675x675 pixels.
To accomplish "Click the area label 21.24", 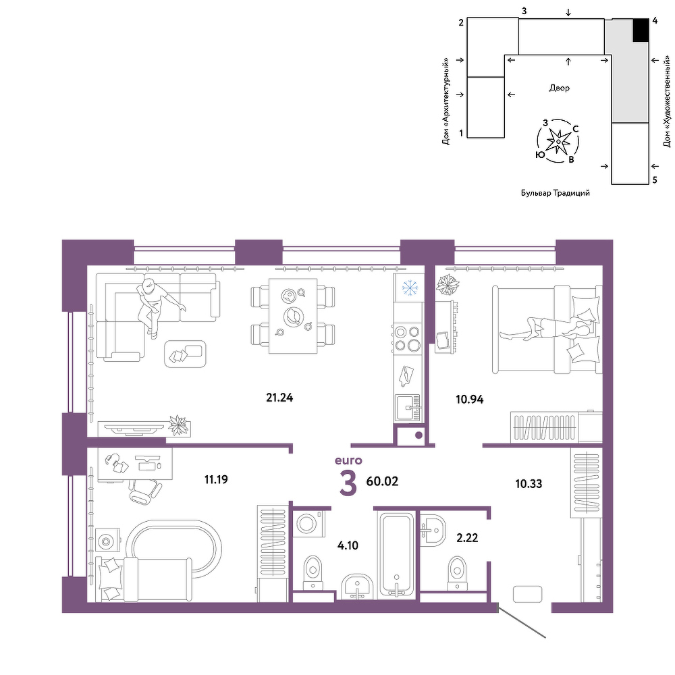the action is coord(279,398).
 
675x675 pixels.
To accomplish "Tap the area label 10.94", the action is coord(470,399).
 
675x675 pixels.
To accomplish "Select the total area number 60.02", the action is coord(382,481).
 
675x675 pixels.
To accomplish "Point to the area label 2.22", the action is coord(467,538).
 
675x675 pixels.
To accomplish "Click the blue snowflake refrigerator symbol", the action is coord(410,288).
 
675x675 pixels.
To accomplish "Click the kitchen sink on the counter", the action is coord(408,408).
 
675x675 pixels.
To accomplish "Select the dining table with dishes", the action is coord(293,315).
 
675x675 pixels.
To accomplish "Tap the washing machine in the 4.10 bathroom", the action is coord(309,523).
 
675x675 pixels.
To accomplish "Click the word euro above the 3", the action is coord(348,460).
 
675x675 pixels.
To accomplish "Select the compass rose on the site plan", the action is coord(558,141).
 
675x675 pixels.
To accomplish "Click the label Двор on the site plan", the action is coord(559,88).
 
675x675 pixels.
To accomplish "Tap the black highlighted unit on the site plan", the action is coord(641,30).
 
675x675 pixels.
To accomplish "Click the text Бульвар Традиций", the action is coord(556,193).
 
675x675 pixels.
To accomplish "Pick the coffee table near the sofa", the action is coord(185,354).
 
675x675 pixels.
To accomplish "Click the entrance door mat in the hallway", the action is coord(527,594).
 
